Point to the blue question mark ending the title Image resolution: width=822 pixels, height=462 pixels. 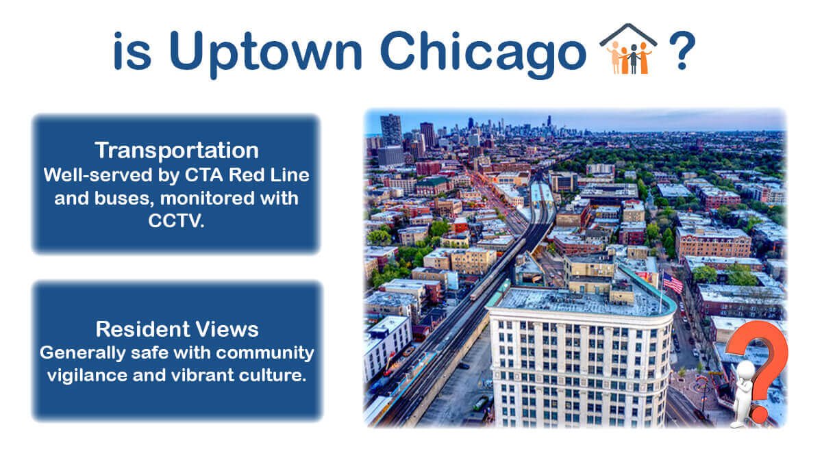click(x=681, y=51)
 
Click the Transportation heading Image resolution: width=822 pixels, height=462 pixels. click(x=177, y=150)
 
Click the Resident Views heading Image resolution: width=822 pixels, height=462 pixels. click(x=177, y=329)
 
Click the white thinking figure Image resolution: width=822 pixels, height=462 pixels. click(x=743, y=394)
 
